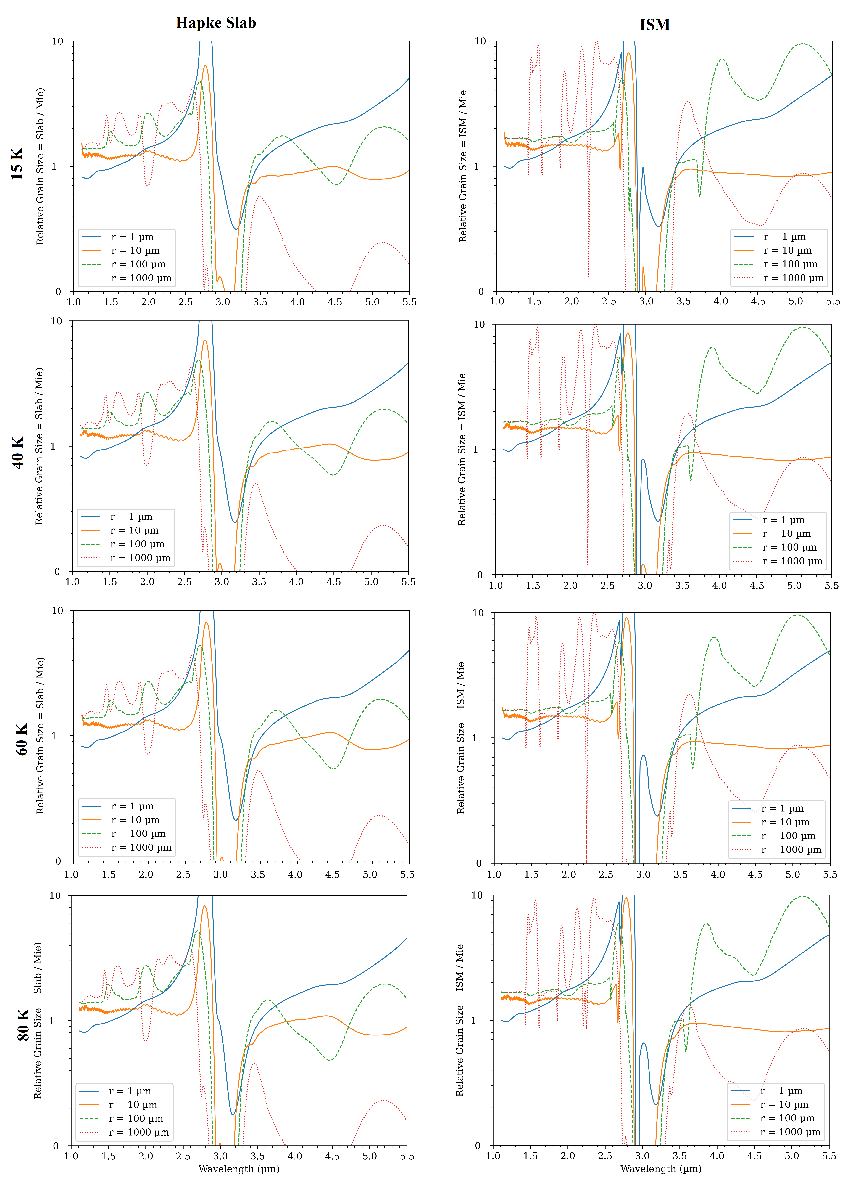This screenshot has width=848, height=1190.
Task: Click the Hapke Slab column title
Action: (216, 23)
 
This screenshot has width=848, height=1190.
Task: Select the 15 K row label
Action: (17, 164)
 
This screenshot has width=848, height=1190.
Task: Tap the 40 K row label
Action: (17, 452)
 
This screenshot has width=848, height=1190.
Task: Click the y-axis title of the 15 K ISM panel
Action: (463, 166)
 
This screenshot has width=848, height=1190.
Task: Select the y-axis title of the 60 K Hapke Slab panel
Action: (40, 736)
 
